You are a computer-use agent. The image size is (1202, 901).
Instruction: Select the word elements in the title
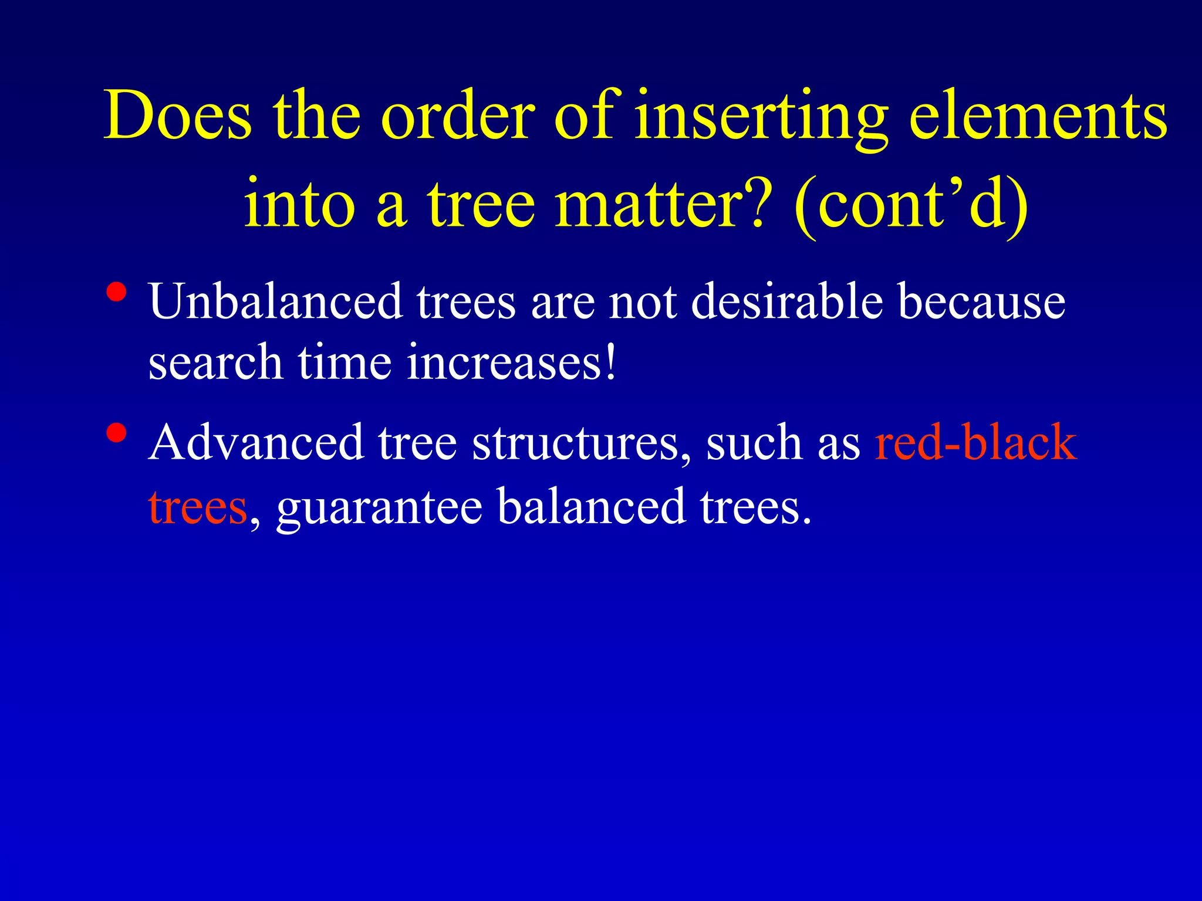click(x=1038, y=116)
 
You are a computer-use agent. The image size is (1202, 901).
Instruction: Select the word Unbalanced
click(x=275, y=301)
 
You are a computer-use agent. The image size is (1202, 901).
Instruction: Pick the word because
click(x=982, y=302)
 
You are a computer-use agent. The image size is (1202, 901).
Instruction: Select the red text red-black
click(x=975, y=442)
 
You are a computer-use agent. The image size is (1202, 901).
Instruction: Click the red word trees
click(x=197, y=507)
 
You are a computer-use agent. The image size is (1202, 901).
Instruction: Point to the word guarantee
click(x=379, y=508)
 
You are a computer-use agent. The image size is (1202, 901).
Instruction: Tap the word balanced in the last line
click(x=591, y=507)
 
